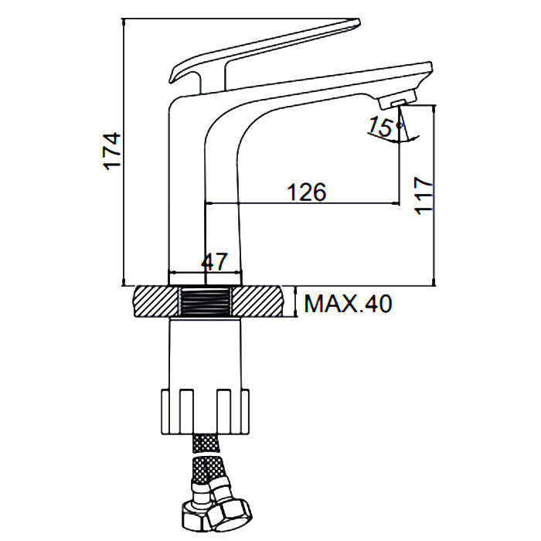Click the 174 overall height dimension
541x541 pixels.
(113, 151)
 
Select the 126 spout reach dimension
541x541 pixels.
(306, 192)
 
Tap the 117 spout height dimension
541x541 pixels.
(423, 196)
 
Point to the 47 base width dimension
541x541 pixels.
(214, 262)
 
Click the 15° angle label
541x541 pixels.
(383, 126)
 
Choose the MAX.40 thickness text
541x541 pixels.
(348, 304)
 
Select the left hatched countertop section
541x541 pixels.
(157, 301)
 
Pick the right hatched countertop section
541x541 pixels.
(257, 301)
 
